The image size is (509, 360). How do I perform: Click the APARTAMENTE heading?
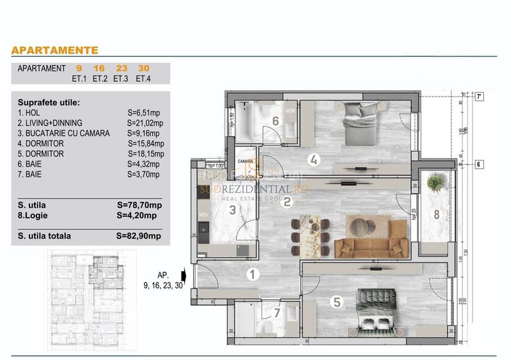[x=55, y=50]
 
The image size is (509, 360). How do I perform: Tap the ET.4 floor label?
[x=143, y=79]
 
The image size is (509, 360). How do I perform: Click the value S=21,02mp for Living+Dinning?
[x=146, y=123]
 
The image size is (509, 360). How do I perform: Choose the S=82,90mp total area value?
[x=139, y=236]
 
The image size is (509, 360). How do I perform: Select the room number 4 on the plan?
[x=313, y=160]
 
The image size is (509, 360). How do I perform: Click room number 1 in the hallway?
[x=253, y=275]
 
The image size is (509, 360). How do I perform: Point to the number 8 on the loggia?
[x=437, y=215]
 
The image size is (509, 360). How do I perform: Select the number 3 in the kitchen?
[x=233, y=209]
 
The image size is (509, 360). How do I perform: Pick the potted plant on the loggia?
[x=435, y=184]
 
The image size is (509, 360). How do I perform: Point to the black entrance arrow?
[x=184, y=276]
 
